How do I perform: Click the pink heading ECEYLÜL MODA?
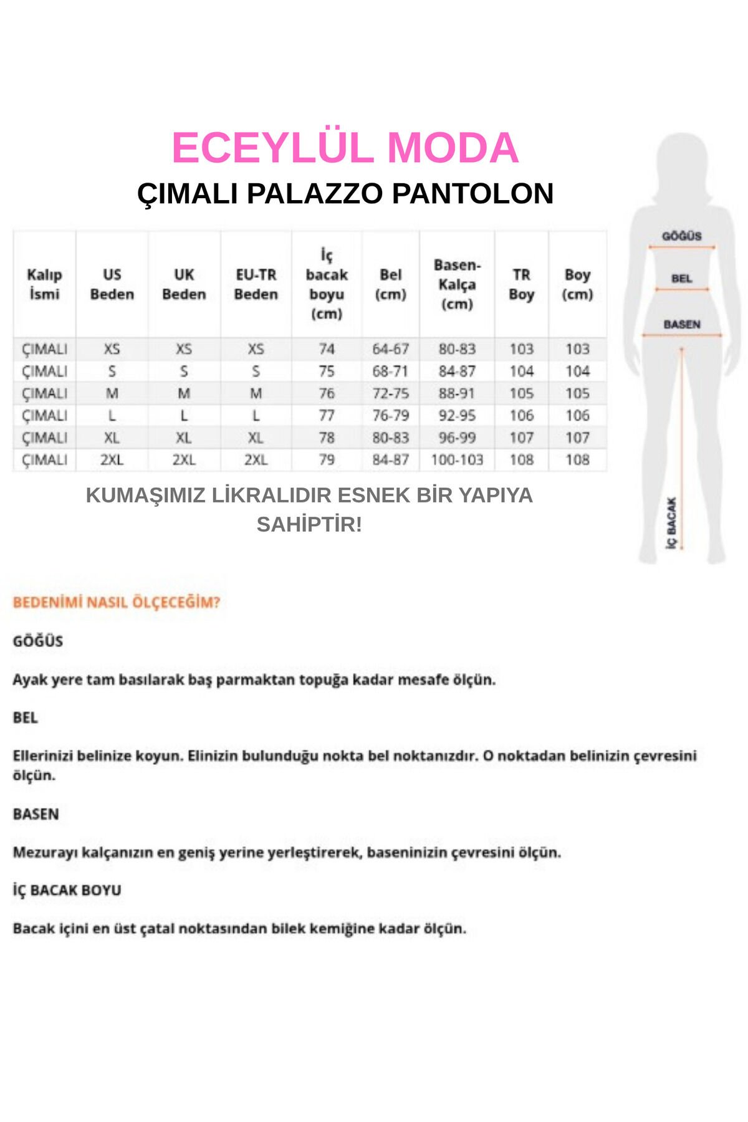pyautogui.click(x=345, y=148)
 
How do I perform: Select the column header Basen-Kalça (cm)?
pyautogui.click(x=457, y=284)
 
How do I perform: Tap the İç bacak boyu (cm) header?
pyautogui.click(x=327, y=284)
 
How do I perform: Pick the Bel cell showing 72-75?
pyautogui.click(x=390, y=393)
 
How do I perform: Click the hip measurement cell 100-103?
pyautogui.click(x=457, y=460)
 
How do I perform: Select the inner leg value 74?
pyautogui.click(x=327, y=349)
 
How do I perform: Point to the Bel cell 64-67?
pyautogui.click(x=390, y=349)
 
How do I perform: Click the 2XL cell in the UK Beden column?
pyautogui.click(x=184, y=460)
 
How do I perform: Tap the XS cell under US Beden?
pyautogui.click(x=112, y=349)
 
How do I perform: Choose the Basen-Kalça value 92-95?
pyautogui.click(x=457, y=416)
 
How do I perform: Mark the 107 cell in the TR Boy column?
pyautogui.click(x=522, y=438)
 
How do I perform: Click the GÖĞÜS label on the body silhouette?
pyautogui.click(x=681, y=236)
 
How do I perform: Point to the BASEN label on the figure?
pyautogui.click(x=681, y=325)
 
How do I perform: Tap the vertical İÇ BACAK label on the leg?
pyautogui.click(x=671, y=522)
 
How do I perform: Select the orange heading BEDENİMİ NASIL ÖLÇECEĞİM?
pyautogui.click(x=117, y=603)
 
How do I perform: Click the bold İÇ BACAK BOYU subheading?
pyautogui.click(x=67, y=890)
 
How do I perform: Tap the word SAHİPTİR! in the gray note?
pyautogui.click(x=309, y=525)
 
